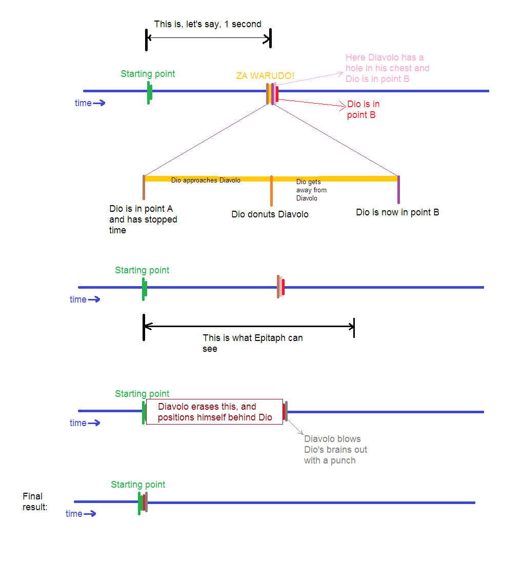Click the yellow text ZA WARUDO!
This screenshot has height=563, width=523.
[x=265, y=76]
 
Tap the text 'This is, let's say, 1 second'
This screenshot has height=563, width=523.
[x=208, y=24]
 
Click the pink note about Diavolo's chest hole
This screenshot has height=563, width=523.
[x=387, y=68]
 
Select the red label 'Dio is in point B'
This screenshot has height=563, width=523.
[x=363, y=109]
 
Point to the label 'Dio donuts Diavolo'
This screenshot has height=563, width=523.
[x=270, y=214]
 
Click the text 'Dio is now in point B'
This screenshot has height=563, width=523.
[x=397, y=212]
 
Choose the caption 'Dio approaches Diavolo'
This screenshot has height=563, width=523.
[x=206, y=180]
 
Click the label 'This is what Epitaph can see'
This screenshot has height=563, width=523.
[x=252, y=343]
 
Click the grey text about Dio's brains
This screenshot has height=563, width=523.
[x=335, y=450]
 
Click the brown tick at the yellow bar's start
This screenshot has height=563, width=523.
[x=144, y=188]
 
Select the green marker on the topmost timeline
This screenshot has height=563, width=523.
[x=149, y=93]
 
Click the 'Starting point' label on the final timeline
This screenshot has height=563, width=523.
[x=138, y=485]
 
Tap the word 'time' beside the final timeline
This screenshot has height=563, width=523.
[x=74, y=514]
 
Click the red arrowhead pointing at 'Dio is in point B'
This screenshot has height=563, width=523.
[x=344, y=106]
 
